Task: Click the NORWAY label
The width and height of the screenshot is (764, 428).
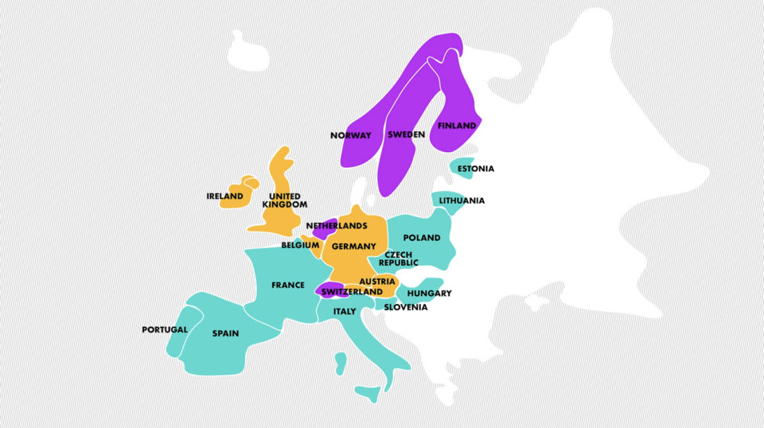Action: click(x=351, y=135)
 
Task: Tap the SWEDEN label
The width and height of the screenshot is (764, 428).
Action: click(x=407, y=135)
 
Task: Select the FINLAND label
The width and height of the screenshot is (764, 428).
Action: click(x=457, y=126)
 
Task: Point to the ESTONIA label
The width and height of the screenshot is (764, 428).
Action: click(x=476, y=169)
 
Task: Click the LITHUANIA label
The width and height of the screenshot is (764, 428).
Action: click(x=462, y=200)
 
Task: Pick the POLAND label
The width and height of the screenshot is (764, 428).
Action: click(x=422, y=238)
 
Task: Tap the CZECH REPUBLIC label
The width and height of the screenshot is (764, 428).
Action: click(x=399, y=259)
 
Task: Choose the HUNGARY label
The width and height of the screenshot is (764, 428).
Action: click(x=429, y=294)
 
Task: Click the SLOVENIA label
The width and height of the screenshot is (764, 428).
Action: click(x=406, y=307)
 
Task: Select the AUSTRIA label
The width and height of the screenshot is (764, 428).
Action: click(x=377, y=282)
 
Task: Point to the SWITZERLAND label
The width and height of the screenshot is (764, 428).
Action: click(x=353, y=292)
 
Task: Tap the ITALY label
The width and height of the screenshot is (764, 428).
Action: click(x=345, y=311)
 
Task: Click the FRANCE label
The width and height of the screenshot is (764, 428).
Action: click(x=288, y=285)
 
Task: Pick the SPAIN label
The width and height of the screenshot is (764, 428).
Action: click(x=225, y=333)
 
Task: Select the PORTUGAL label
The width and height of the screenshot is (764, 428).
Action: click(x=165, y=329)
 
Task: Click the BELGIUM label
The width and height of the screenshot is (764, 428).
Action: click(x=300, y=246)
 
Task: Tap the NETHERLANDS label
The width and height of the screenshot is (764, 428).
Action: click(x=337, y=226)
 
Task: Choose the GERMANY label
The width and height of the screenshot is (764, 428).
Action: click(x=354, y=247)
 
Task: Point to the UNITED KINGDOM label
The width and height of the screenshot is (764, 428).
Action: click(x=285, y=200)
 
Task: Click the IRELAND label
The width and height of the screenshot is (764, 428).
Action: click(x=224, y=196)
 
